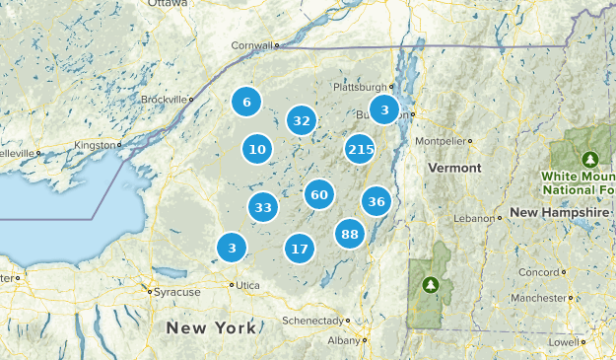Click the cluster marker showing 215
coord(361,150)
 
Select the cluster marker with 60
coord(318,195)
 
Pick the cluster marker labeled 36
coord(376,202)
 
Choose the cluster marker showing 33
coord(262,208)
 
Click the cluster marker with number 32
coord(302,121)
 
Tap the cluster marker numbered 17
coord(300,249)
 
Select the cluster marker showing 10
coord(257,150)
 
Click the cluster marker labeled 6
coord(246,102)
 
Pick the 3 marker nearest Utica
coord(232,248)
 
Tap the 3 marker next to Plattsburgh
coord(384,109)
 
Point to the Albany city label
coord(344,340)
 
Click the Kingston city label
coord(96,145)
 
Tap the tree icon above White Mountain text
coord(590,159)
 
